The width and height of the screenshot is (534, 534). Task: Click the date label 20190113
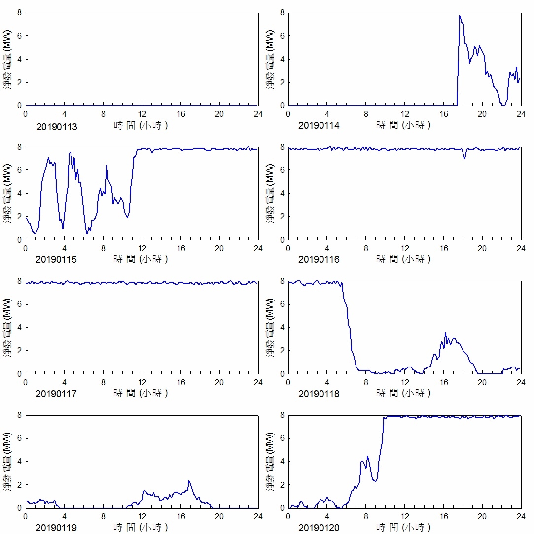(x=57, y=126)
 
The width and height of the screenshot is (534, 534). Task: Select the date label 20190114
(x=319, y=126)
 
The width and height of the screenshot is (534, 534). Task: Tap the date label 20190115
(x=57, y=259)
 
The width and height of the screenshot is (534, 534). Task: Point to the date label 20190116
(x=319, y=259)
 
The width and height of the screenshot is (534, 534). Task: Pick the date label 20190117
(x=57, y=394)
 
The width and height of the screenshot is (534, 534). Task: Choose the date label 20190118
(x=319, y=394)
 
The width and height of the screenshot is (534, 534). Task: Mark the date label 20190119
(x=57, y=528)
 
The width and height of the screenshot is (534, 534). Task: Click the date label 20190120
(x=319, y=528)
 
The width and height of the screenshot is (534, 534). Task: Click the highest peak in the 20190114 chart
(x=460, y=16)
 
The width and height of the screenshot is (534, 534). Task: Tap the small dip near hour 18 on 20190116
(x=464, y=158)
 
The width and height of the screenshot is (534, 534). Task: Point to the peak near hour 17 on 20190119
(x=189, y=481)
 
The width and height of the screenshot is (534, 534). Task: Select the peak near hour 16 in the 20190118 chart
(x=445, y=333)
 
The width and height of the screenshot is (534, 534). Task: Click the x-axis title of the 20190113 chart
(x=141, y=125)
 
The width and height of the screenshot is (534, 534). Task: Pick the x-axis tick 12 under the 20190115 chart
(x=142, y=248)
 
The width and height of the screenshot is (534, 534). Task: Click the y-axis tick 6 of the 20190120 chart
(x=283, y=438)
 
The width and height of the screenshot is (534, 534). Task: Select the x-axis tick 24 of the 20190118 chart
(x=521, y=382)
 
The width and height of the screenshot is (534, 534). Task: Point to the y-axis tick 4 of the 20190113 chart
(x=20, y=59)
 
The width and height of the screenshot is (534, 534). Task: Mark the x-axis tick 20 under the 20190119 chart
(x=219, y=516)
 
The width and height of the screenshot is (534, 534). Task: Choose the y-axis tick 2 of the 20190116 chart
(x=283, y=217)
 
